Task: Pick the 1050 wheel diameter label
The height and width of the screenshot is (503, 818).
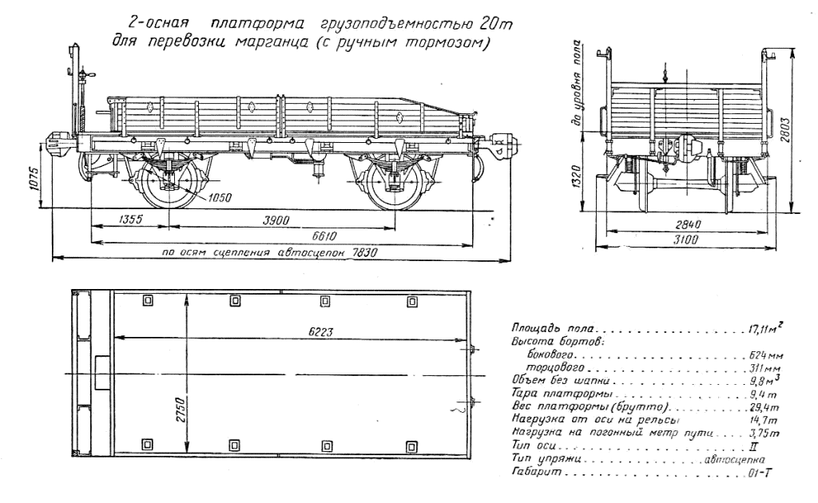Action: pos(220,196)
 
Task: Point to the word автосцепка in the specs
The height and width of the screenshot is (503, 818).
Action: pos(734,460)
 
